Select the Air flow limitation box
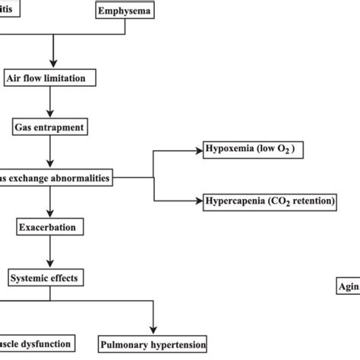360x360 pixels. [51, 77]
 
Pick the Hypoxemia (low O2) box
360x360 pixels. [254, 150]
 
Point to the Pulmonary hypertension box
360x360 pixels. [153, 345]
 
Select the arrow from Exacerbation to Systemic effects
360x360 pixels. [51, 251]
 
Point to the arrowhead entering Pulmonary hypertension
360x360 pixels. [153, 330]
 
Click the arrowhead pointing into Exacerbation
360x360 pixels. [51, 213]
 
